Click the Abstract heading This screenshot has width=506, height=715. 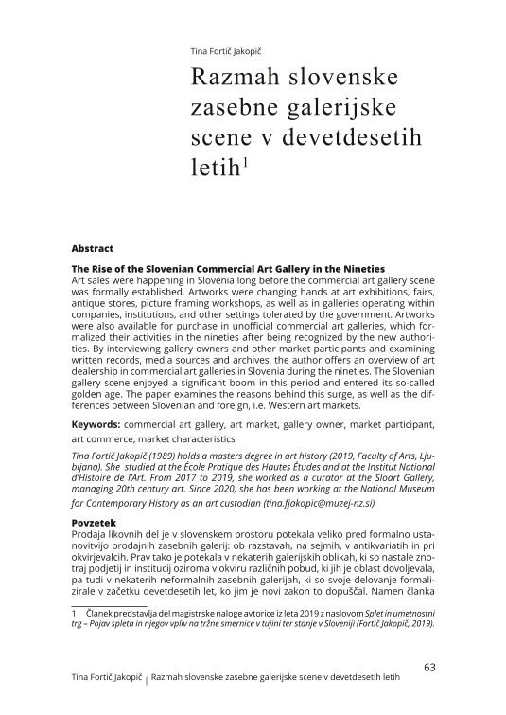93,248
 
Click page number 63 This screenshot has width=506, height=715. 429,668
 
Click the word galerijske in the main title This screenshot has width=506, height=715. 341,107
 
